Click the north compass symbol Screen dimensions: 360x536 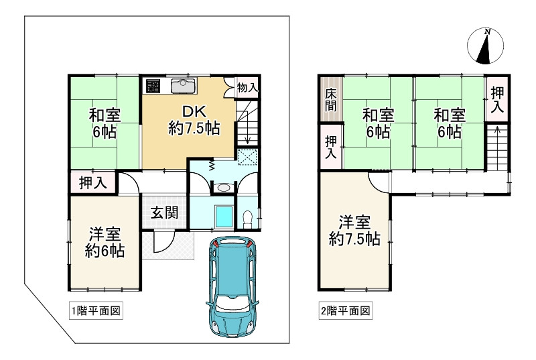(486, 45)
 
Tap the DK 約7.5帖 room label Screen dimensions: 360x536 (194, 119)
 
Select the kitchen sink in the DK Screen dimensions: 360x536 (182, 85)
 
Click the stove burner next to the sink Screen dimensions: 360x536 (153, 86)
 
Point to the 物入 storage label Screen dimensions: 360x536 (247, 87)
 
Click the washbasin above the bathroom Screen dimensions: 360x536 (224, 188)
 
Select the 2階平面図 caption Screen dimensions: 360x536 (345, 310)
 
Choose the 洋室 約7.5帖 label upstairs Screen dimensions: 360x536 (354, 229)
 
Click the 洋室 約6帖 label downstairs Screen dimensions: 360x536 (105, 243)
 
